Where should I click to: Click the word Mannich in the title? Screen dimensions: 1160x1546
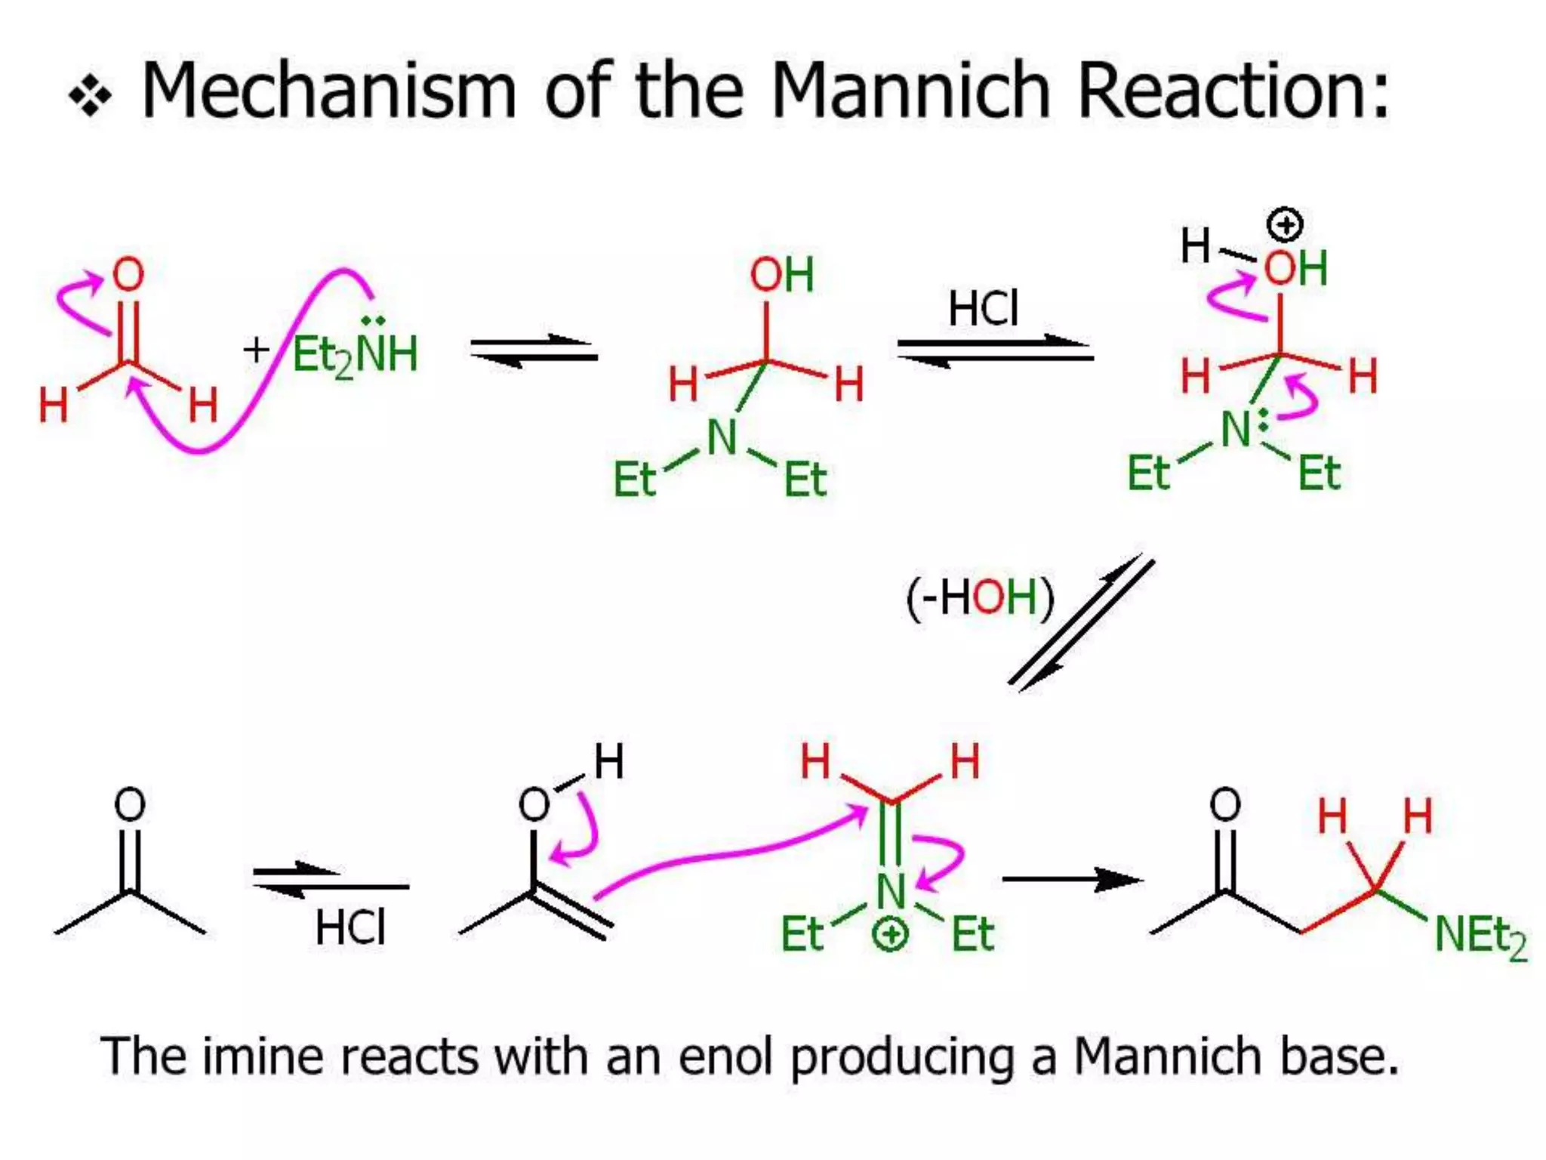(909, 91)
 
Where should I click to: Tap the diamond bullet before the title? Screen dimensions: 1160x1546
(91, 97)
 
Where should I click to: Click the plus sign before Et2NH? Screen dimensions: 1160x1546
(256, 350)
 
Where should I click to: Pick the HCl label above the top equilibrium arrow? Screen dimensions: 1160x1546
(983, 308)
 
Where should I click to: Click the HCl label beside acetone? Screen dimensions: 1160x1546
(350, 927)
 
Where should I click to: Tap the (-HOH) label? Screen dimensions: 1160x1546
(979, 597)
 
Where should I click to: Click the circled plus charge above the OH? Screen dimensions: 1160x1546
(1285, 224)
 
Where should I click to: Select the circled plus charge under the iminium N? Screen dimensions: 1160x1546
(890, 935)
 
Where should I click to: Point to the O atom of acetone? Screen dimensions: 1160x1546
(129, 804)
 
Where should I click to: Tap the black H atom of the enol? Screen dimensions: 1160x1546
(608, 760)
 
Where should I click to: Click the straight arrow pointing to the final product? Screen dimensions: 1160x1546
(1072, 879)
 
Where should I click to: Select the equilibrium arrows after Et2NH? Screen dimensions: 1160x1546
(534, 351)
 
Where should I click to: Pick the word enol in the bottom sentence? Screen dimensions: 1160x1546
(725, 1057)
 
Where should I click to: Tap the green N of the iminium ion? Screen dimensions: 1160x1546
(891, 891)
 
